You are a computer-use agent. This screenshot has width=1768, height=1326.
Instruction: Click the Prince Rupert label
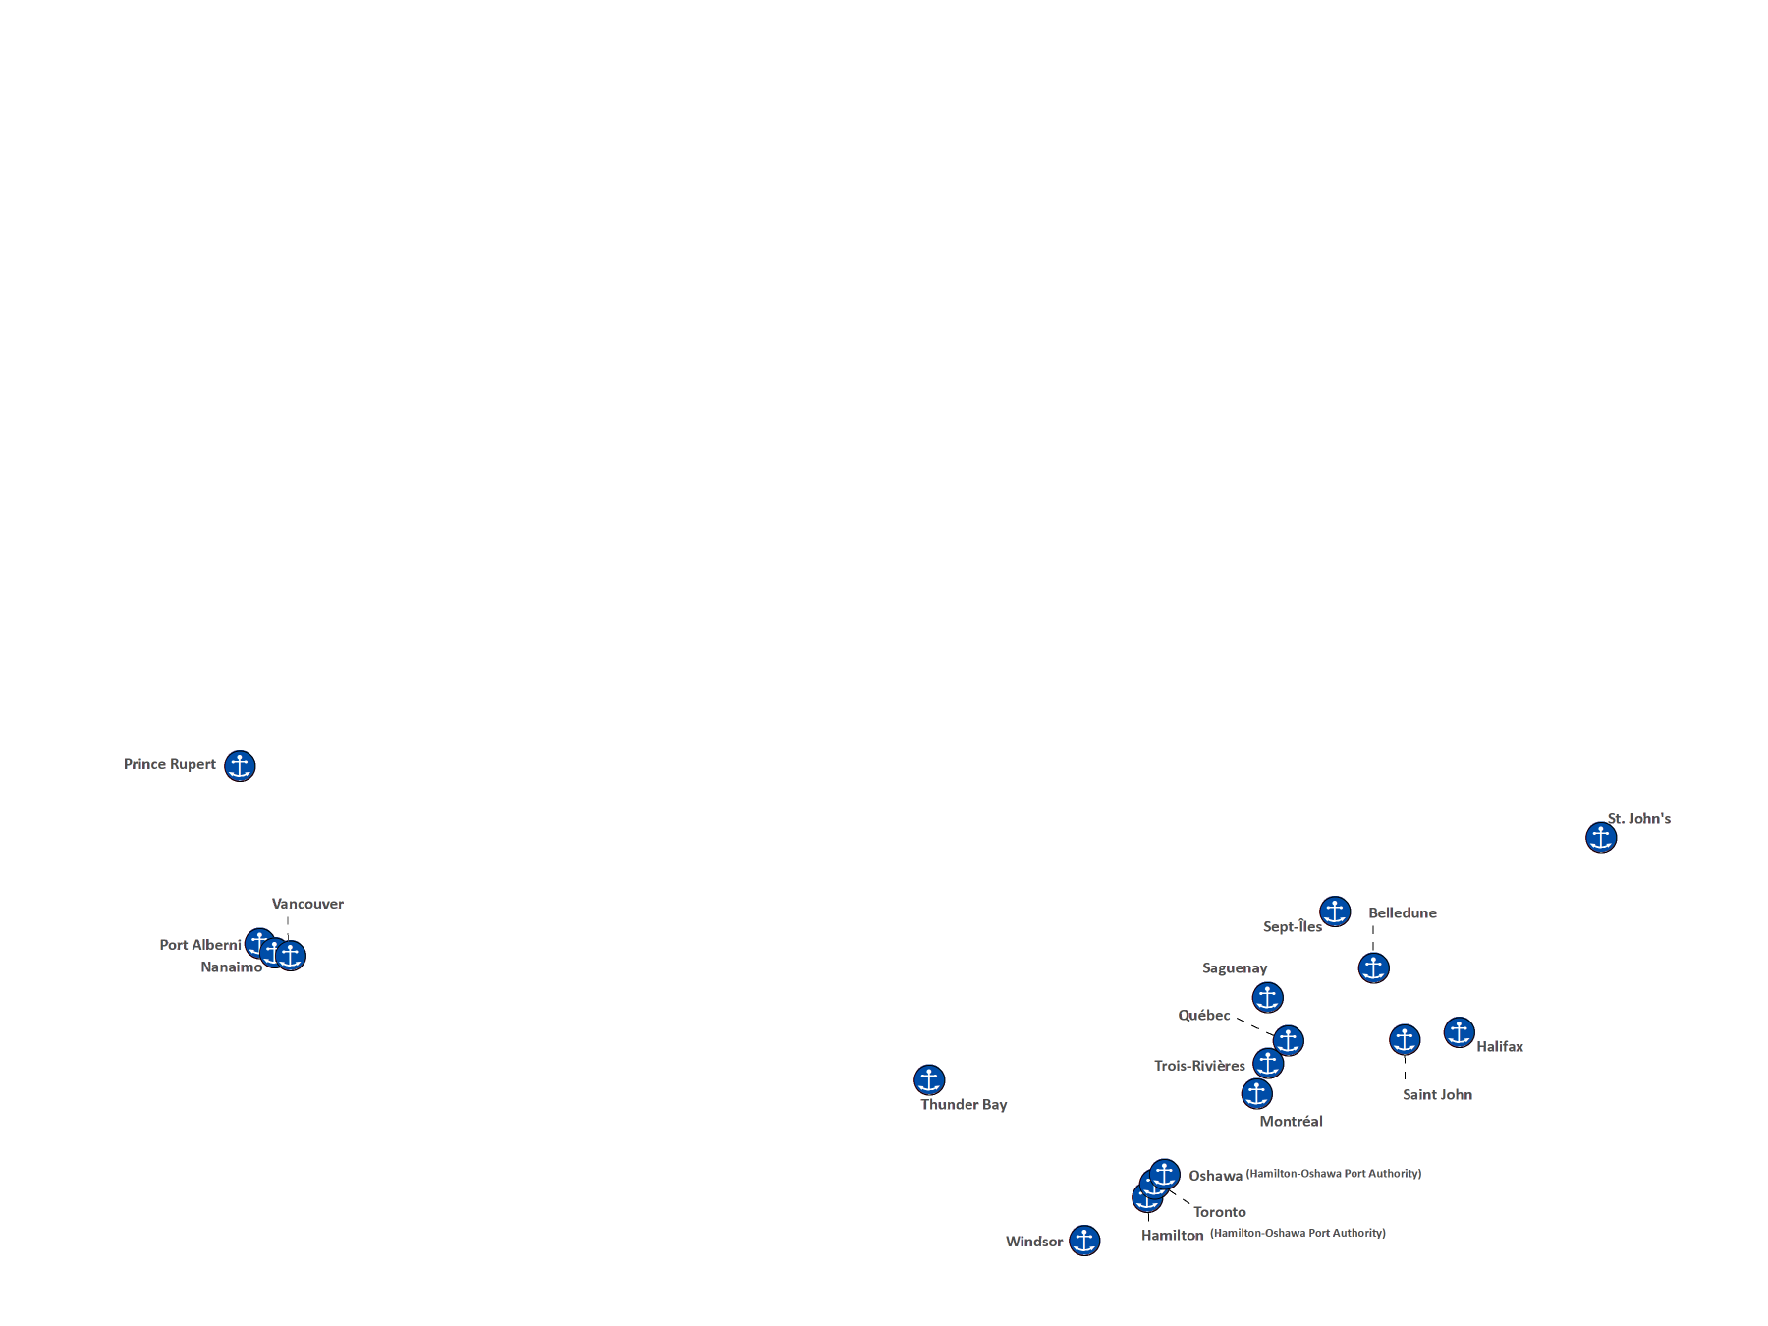(171, 764)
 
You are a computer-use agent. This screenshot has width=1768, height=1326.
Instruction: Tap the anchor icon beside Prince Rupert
(240, 765)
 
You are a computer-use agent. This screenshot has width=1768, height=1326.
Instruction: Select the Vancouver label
(308, 903)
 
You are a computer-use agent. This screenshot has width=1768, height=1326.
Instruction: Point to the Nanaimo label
(232, 967)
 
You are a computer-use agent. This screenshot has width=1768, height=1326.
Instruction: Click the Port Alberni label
(200, 945)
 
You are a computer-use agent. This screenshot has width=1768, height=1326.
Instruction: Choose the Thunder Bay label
(965, 1104)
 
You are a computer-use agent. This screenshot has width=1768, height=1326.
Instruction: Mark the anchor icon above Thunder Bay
(929, 1079)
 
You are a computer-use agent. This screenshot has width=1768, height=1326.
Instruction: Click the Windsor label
(1035, 1242)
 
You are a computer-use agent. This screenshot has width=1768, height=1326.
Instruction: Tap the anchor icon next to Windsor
(1084, 1240)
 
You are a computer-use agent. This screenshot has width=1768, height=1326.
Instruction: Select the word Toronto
(1220, 1212)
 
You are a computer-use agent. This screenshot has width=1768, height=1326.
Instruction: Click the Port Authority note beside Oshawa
(1334, 1174)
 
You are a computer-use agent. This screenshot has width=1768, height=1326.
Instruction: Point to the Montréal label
(1292, 1121)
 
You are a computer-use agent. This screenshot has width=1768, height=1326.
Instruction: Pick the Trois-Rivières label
(1200, 1066)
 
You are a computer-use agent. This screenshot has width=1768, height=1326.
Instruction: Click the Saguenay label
(1235, 968)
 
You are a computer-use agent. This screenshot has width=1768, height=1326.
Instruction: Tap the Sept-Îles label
(1292, 927)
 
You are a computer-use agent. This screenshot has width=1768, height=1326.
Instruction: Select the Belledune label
(1403, 912)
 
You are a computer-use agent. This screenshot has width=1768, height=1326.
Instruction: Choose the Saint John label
(1438, 1094)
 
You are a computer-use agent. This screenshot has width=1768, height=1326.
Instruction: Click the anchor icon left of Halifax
(1459, 1032)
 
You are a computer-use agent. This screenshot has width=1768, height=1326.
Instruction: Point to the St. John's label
(1639, 817)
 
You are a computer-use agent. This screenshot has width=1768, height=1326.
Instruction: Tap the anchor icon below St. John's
(1601, 837)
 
